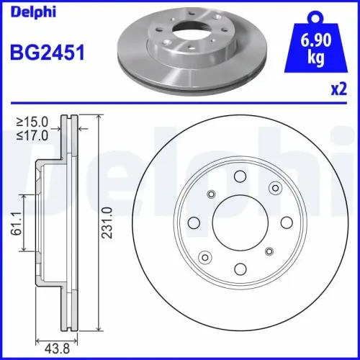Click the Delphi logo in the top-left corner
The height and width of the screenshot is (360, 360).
click(x=33, y=13)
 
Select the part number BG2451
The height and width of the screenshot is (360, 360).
click(x=48, y=53)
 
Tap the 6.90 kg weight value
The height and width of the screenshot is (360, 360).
click(x=316, y=49)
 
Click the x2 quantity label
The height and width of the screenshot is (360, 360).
click(x=339, y=89)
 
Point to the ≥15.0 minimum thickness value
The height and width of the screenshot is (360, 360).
click(x=32, y=122)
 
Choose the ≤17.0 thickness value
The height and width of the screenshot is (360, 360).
click(x=32, y=135)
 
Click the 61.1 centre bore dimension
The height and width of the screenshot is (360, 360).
click(x=17, y=223)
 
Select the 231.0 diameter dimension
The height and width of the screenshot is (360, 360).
click(x=107, y=222)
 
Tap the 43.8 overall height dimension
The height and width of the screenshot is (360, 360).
click(x=58, y=348)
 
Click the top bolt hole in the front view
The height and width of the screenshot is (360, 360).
click(x=240, y=176)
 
